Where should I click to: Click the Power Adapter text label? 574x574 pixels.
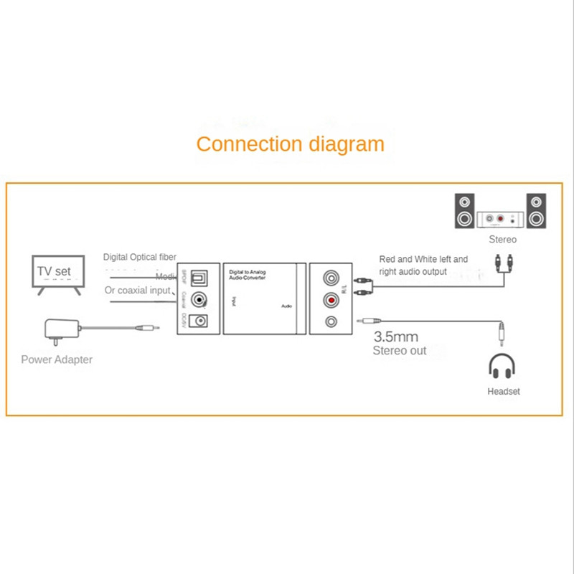pos(57,359)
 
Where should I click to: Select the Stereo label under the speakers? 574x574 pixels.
pos(502,240)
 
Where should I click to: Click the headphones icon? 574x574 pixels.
pos(502,367)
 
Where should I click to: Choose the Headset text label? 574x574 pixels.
pos(503,392)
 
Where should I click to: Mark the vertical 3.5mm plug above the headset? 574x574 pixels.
pos(502,332)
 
